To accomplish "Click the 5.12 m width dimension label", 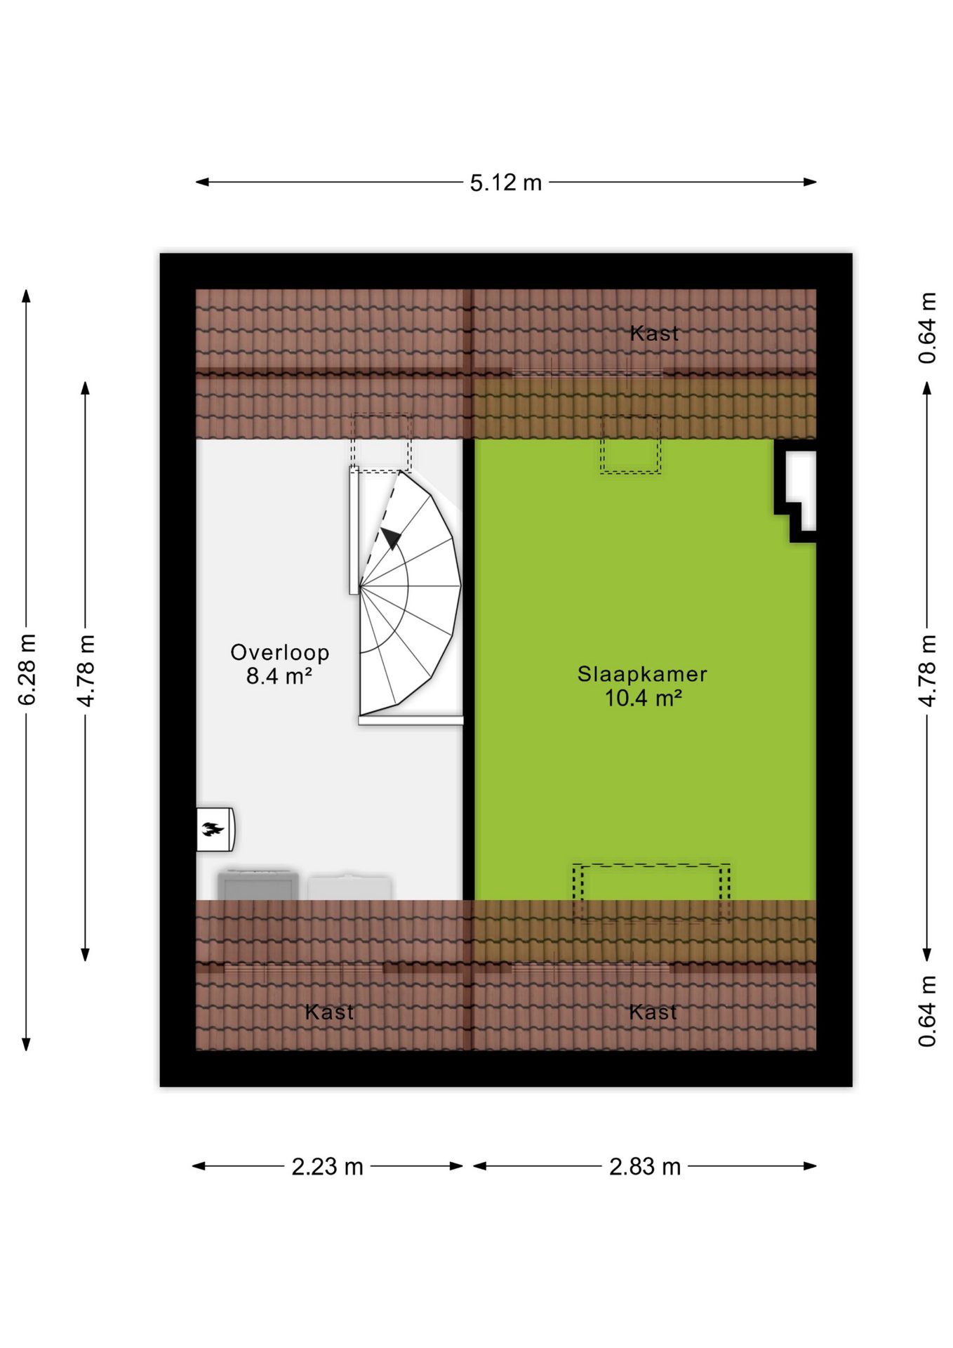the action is click(505, 183).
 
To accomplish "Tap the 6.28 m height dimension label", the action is click(27, 669).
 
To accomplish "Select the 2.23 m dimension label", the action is click(327, 1166).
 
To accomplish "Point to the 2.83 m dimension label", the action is click(644, 1166).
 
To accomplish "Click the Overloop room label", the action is click(280, 652).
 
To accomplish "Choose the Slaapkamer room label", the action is click(642, 674).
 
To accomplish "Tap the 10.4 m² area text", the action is click(644, 698).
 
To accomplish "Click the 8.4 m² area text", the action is click(279, 675).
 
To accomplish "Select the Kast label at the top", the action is click(654, 333).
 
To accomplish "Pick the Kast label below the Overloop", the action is click(329, 1012).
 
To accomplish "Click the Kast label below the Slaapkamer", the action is click(653, 1012).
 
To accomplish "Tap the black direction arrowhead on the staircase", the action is click(391, 538).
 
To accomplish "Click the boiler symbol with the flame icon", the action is click(215, 829).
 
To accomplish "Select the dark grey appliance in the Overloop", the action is click(258, 885).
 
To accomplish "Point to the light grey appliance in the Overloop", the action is click(349, 887).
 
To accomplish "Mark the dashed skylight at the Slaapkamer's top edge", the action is click(630, 444).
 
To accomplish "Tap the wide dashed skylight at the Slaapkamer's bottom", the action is click(651, 892).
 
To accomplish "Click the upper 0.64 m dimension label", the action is click(927, 327).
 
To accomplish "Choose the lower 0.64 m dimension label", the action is click(927, 1010).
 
